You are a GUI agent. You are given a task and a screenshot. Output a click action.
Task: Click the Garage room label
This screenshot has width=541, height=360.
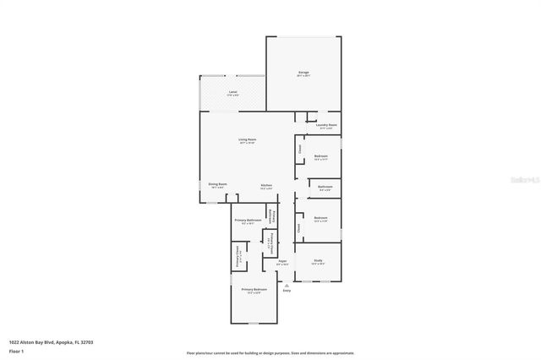303,73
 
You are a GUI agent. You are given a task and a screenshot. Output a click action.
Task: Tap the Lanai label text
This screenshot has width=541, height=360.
232,91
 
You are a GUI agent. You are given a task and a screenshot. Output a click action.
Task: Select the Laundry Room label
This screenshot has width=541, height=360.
327,125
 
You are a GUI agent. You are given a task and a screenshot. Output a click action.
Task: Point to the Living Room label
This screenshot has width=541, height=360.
247,139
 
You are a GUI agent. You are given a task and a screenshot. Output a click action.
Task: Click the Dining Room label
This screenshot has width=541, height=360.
217,184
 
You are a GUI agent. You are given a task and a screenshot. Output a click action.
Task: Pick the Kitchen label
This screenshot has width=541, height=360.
265,185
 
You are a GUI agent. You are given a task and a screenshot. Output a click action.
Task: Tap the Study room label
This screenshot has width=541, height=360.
318,260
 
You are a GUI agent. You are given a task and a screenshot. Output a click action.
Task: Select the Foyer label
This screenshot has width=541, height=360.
282,261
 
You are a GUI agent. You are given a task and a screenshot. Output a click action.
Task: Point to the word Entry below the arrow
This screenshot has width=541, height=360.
287,291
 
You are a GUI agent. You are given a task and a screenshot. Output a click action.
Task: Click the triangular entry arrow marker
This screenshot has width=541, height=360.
287,285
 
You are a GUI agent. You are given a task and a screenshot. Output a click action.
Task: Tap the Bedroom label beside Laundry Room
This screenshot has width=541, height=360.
321,155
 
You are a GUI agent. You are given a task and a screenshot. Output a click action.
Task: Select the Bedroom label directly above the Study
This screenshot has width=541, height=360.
321,217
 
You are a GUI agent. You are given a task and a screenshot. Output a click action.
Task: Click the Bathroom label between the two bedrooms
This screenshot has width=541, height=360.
325,187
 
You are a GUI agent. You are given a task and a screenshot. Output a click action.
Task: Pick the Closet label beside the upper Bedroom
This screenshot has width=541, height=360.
298,150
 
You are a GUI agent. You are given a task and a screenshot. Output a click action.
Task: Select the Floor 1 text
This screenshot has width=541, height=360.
16,350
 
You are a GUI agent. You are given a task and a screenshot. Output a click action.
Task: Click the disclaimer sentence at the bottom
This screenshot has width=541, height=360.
270,353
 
